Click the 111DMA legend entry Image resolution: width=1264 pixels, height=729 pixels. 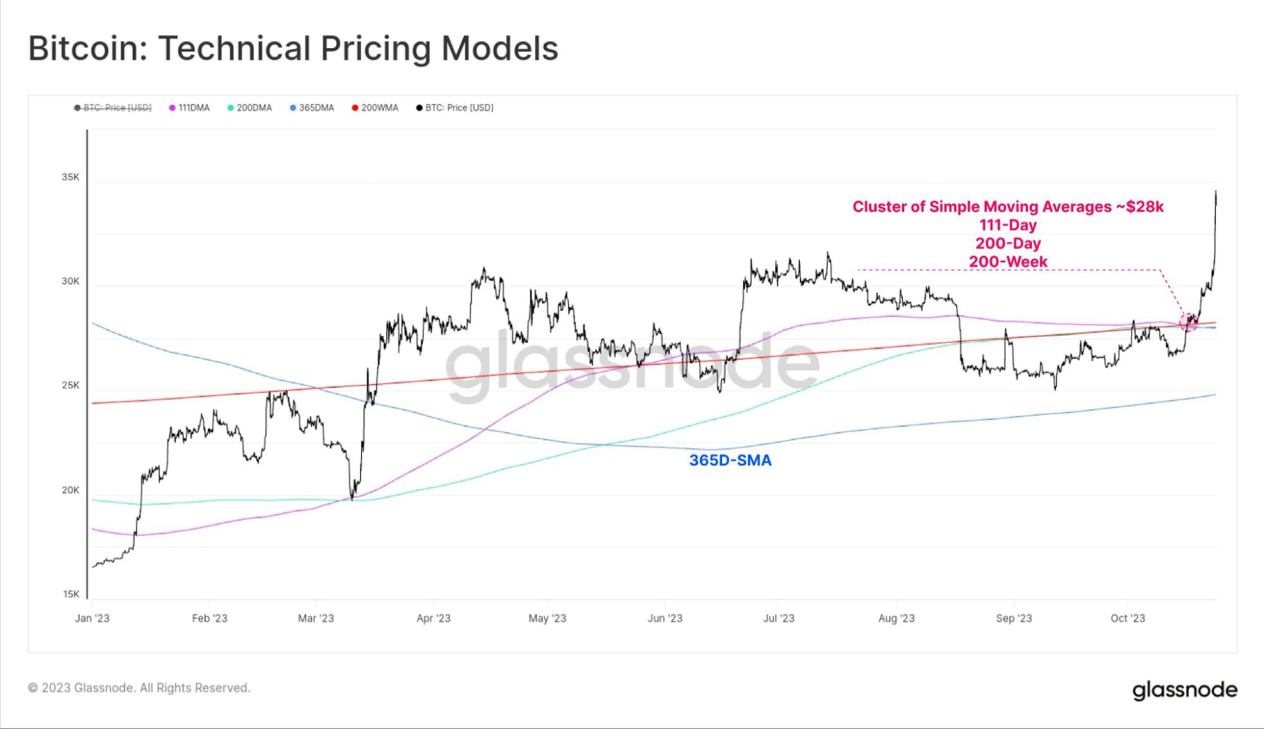click(190, 108)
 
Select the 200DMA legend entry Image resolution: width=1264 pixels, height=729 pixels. click(250, 108)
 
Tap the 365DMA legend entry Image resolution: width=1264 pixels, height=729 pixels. click(312, 108)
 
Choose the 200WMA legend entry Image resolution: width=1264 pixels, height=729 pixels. click(376, 108)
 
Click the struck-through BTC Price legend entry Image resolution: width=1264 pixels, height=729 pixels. click(113, 108)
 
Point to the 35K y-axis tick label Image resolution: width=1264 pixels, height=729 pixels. click(70, 177)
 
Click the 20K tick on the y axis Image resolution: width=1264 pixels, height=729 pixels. click(70, 490)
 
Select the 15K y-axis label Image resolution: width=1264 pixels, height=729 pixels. click(71, 594)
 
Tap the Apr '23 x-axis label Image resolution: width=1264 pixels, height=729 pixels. click(433, 618)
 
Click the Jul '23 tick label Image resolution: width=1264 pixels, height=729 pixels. click(778, 618)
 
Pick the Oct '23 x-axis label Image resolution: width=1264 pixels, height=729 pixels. click(1127, 618)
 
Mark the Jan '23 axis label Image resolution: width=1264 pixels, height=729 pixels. click(92, 618)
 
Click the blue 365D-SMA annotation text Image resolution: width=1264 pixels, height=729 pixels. click(730, 460)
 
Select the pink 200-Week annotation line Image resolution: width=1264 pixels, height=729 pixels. click(1008, 261)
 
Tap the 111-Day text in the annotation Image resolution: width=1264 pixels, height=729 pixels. click(1008, 225)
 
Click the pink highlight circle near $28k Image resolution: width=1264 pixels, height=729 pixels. click(1188, 321)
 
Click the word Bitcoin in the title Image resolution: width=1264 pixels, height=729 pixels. click(87, 49)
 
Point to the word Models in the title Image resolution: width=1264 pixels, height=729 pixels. click(500, 49)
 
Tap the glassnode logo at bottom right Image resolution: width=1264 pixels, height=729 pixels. click(1184, 690)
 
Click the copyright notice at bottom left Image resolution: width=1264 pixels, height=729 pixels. click(139, 688)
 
